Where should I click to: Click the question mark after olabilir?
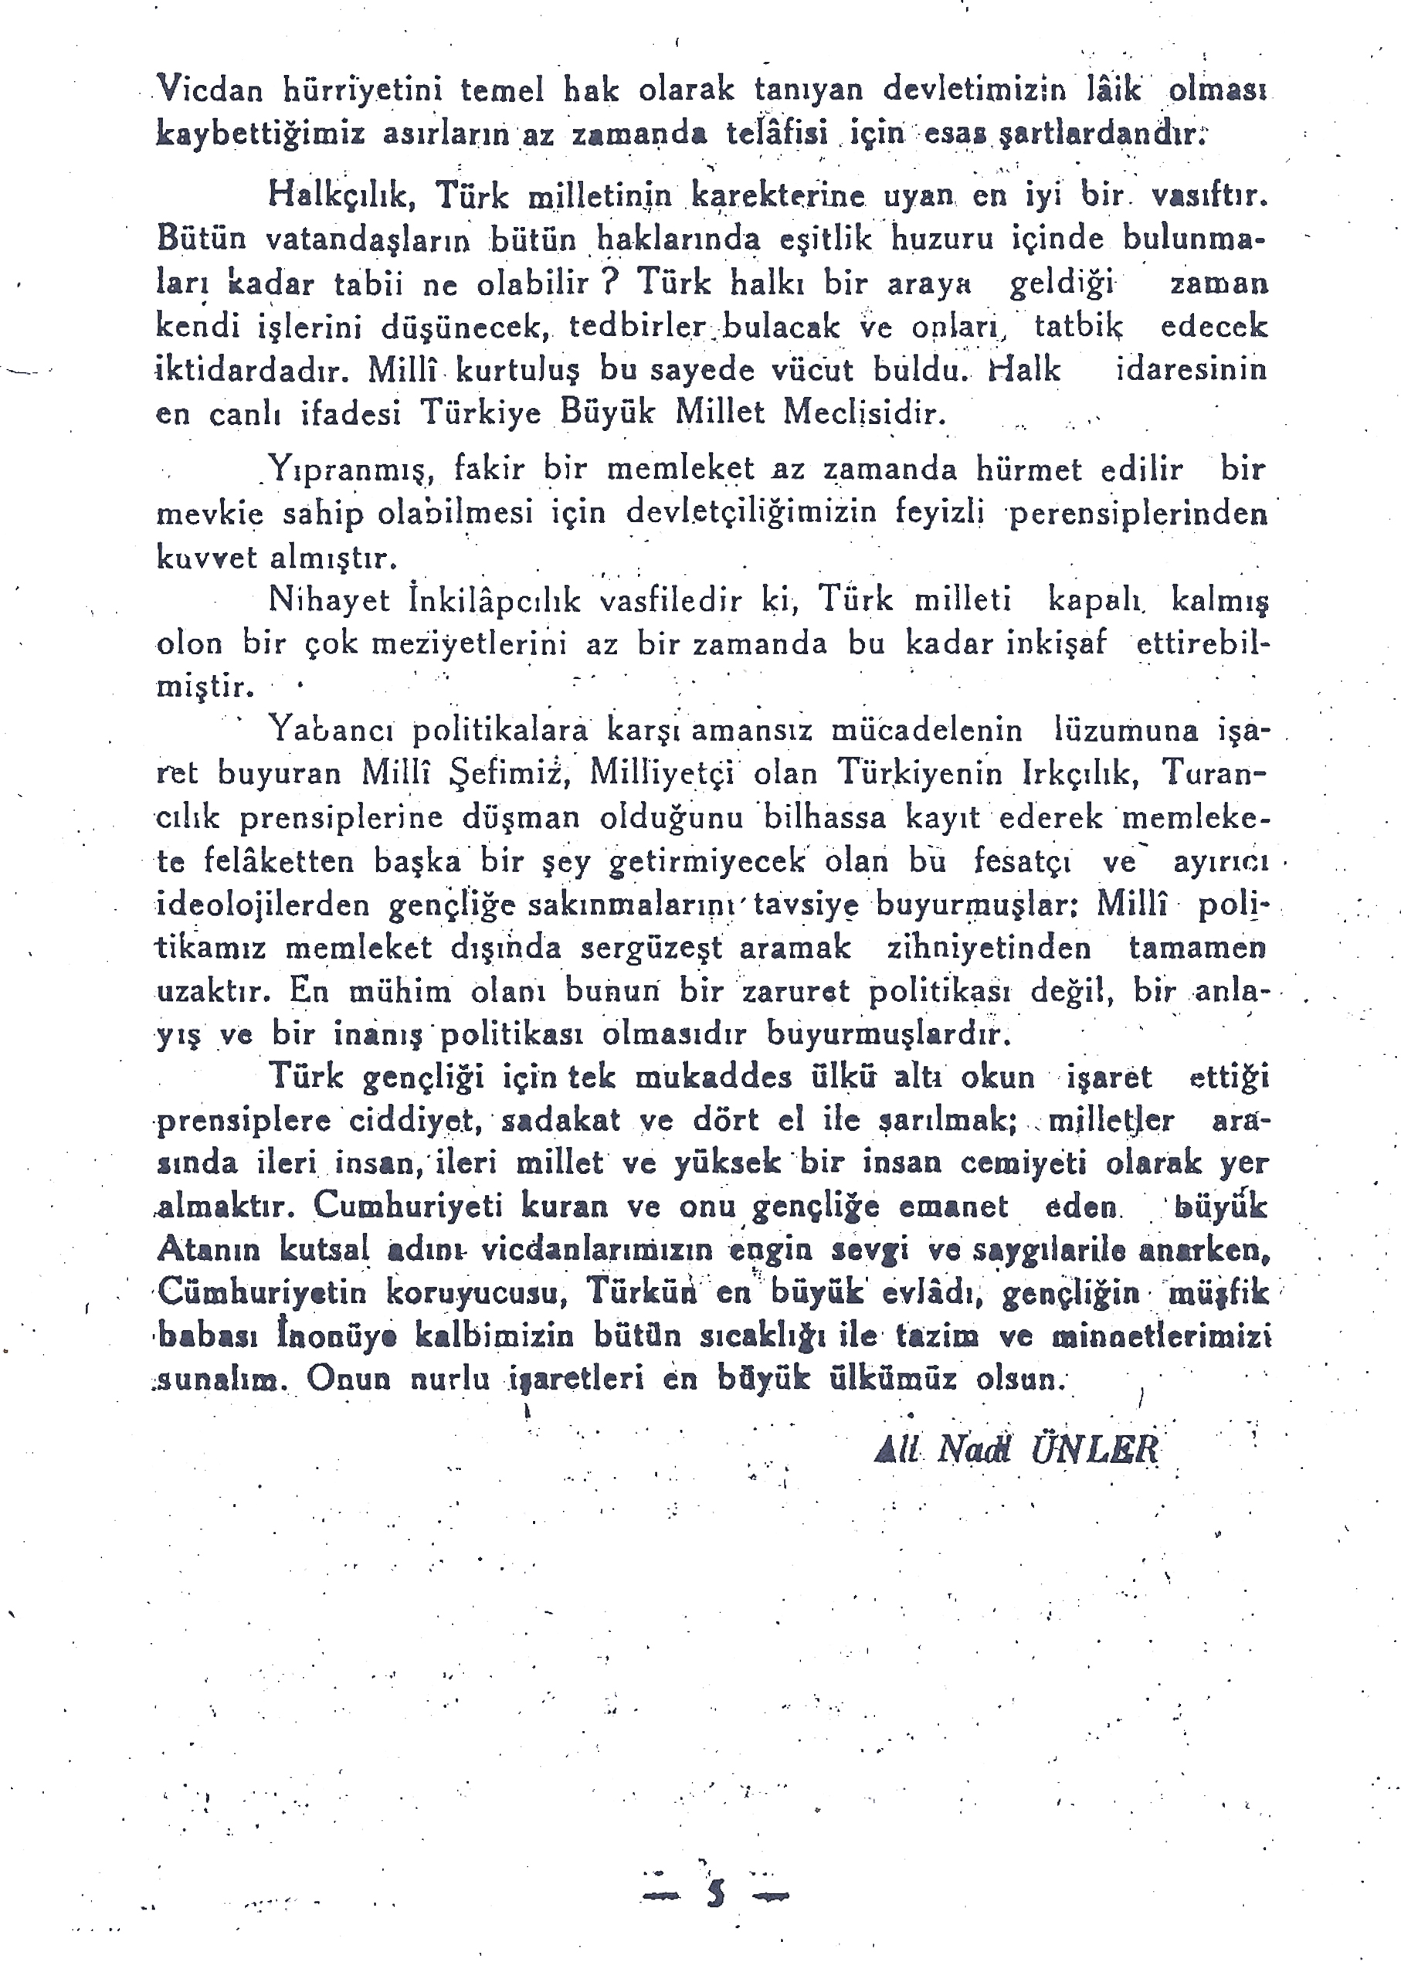click(x=612, y=281)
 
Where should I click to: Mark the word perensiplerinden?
click(x=1138, y=514)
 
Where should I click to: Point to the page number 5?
click(x=716, y=1893)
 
